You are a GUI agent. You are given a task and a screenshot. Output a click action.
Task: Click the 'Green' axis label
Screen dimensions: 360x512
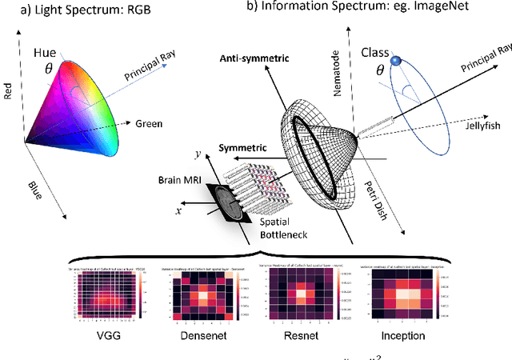(x=148, y=124)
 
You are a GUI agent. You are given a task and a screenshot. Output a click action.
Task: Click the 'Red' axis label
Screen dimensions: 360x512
(x=9, y=88)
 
